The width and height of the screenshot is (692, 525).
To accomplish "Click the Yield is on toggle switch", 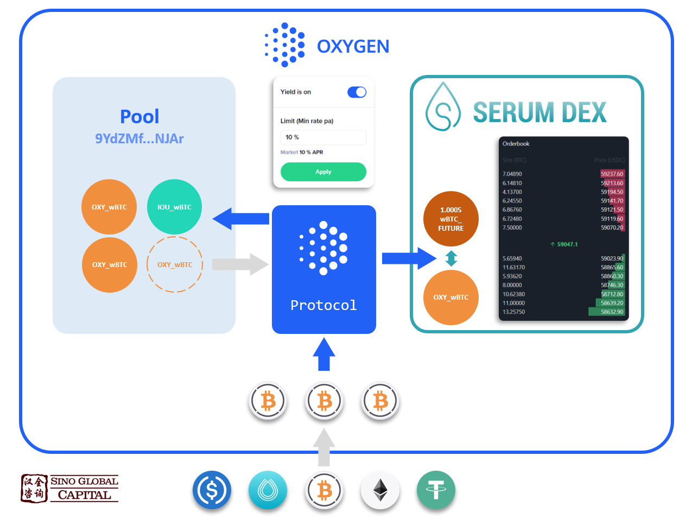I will coord(357,92).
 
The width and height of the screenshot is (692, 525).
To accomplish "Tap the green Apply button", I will coord(323,172).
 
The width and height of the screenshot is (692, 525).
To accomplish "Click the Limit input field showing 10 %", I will coord(323,137).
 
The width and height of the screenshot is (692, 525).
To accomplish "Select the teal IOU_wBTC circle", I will coord(174,207).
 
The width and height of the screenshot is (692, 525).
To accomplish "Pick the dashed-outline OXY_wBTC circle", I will coord(174,264).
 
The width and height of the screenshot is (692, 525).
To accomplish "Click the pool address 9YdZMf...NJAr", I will coord(139,138).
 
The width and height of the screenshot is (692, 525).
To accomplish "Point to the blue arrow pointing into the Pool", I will coord(241,219).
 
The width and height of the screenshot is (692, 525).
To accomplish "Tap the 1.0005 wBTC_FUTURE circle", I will coord(450,219).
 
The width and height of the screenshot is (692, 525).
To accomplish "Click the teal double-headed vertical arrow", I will coord(451,258).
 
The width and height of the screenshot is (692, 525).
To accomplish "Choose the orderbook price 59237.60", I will coord(612,174).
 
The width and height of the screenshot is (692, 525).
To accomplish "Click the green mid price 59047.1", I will coord(564,244).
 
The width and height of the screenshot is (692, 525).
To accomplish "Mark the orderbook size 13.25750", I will coord(513,312).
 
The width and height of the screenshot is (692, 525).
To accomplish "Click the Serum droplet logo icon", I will coord(443,107).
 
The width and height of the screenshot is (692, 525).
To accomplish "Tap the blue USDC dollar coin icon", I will coord(212,490).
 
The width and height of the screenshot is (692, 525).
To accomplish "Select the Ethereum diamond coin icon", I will coord(380,490).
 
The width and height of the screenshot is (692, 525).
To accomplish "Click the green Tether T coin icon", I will coord(436,490).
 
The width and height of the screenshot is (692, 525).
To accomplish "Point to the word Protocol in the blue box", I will coord(323,305).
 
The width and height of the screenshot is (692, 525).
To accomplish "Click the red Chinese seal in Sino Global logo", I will coord(34,488).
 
